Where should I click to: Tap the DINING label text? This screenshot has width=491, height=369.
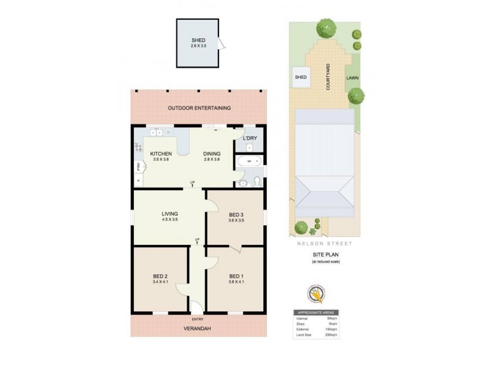pos(212,153)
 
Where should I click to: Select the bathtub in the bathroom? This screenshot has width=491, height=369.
pos(249,162)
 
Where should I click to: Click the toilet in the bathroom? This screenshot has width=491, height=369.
pos(257,181)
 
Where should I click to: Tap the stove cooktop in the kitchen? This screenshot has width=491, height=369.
pos(138,148)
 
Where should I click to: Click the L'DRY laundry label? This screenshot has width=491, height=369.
pos(250,138)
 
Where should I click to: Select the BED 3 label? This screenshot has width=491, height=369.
pos(236,214)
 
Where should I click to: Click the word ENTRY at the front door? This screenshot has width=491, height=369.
pos(198,320)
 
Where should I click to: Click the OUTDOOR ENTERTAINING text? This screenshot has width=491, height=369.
pos(199,108)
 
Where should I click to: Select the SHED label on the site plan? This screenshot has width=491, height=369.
pos(301,77)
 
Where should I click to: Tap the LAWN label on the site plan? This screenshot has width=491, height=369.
pos(352,78)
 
